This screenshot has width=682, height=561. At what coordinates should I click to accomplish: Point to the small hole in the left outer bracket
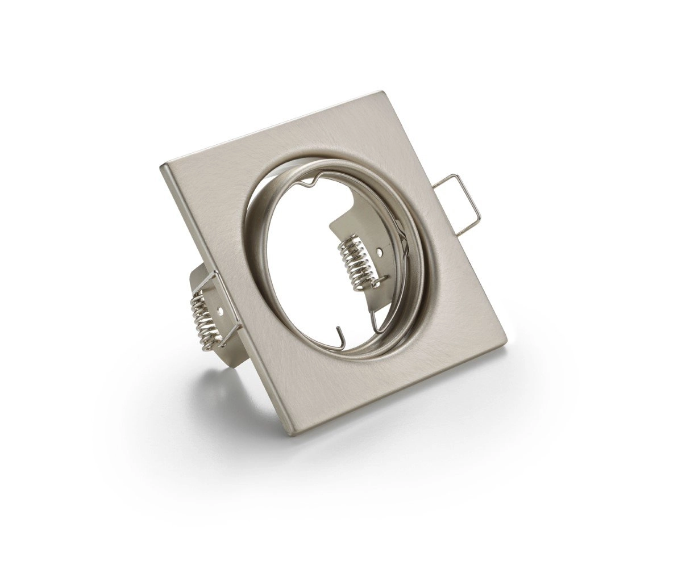(x=220, y=311)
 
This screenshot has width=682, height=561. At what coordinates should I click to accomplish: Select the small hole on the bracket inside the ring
(x=379, y=249)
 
